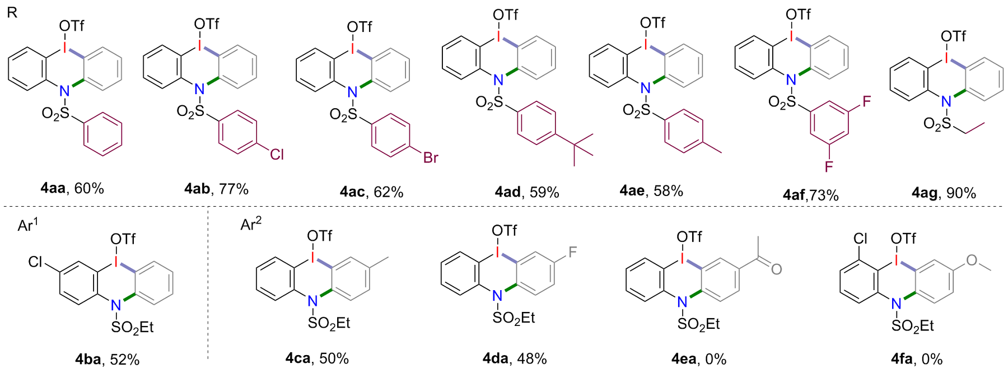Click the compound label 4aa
[53, 188]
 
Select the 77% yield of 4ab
[234, 189]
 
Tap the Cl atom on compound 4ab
[277, 153]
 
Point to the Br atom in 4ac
[431, 158]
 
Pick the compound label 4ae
[632, 191]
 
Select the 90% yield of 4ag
[961, 193]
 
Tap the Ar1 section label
[27, 225]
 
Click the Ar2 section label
[251, 224]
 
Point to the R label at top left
[12, 12]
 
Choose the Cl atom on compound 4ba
[36, 262]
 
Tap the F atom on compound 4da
[572, 252]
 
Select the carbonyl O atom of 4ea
[776, 269]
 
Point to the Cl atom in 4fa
[860, 239]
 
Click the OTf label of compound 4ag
[953, 36]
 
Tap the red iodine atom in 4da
[497, 253]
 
